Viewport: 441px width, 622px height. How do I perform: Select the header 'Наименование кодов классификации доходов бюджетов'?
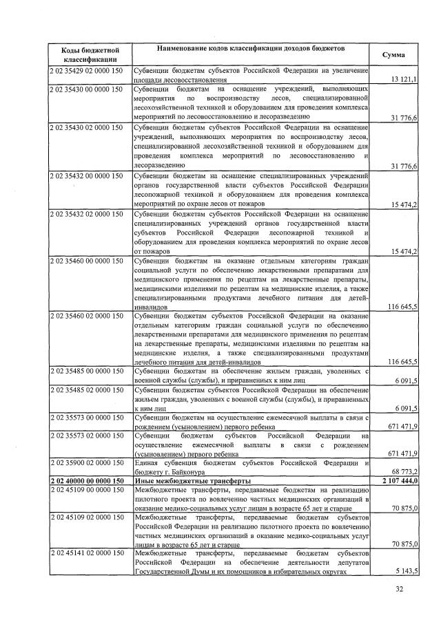pos(251,50)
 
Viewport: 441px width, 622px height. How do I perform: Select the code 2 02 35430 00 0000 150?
pos(86,89)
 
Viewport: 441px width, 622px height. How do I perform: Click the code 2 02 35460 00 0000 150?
pos(86,261)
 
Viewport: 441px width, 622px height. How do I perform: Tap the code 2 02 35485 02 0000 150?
pos(86,389)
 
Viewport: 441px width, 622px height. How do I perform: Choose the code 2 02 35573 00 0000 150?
pos(86,418)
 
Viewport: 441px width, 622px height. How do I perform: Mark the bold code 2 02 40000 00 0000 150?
pos(86,480)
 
